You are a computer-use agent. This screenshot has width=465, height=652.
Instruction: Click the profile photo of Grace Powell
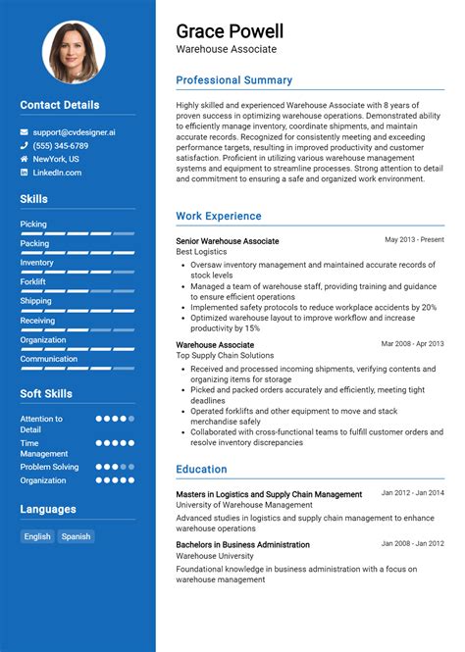tap(74, 52)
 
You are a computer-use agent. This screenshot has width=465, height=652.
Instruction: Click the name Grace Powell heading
tap(230, 30)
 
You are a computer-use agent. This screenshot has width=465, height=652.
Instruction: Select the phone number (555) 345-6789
tap(61, 145)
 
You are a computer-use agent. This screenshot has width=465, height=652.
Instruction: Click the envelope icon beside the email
tap(25, 131)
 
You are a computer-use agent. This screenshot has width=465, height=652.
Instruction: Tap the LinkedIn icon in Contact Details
tap(25, 173)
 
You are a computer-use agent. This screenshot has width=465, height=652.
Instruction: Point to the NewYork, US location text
tap(56, 159)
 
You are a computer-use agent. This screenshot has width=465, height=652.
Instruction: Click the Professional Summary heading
tap(233, 80)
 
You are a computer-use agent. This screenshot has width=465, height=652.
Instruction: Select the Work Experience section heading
tap(219, 216)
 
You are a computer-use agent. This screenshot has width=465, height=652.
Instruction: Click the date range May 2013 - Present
tap(414, 239)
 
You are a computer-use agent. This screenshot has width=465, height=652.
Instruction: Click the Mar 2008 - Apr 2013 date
tap(412, 344)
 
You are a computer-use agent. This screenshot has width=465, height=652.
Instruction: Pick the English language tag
tap(37, 536)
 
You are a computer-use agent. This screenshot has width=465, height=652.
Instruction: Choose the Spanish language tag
tap(76, 536)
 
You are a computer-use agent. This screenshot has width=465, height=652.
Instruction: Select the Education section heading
tap(201, 470)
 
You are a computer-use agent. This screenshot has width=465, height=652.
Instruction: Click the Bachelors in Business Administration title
tap(242, 544)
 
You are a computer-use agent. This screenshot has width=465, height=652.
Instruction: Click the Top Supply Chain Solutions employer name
tap(225, 356)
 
